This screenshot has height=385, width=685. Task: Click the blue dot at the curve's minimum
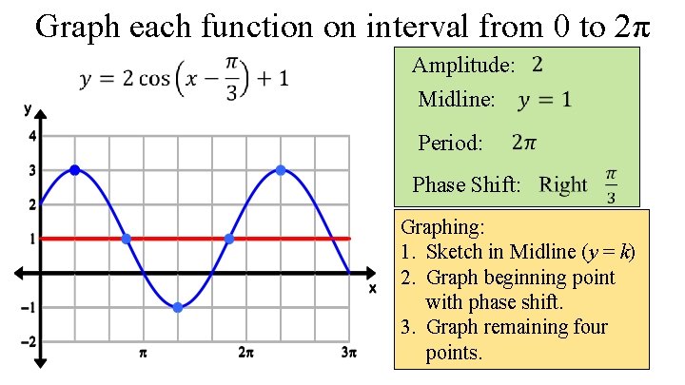[178, 307]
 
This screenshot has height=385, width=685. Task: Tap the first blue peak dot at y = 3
[74, 170]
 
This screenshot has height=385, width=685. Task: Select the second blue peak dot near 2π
[281, 170]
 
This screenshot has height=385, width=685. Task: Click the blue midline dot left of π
[127, 239]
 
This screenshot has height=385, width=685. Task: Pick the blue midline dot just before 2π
[229, 239]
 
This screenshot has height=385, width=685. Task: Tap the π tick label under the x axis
[143, 354]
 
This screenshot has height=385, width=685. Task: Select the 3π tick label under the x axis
[348, 354]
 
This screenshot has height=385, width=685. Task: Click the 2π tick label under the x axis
[245, 354]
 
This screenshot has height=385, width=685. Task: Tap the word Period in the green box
[450, 144]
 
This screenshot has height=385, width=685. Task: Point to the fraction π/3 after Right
[611, 185]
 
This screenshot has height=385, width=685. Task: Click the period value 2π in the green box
[524, 144]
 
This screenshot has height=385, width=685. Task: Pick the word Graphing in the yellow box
[442, 228]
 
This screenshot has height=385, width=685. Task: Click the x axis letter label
[373, 287]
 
